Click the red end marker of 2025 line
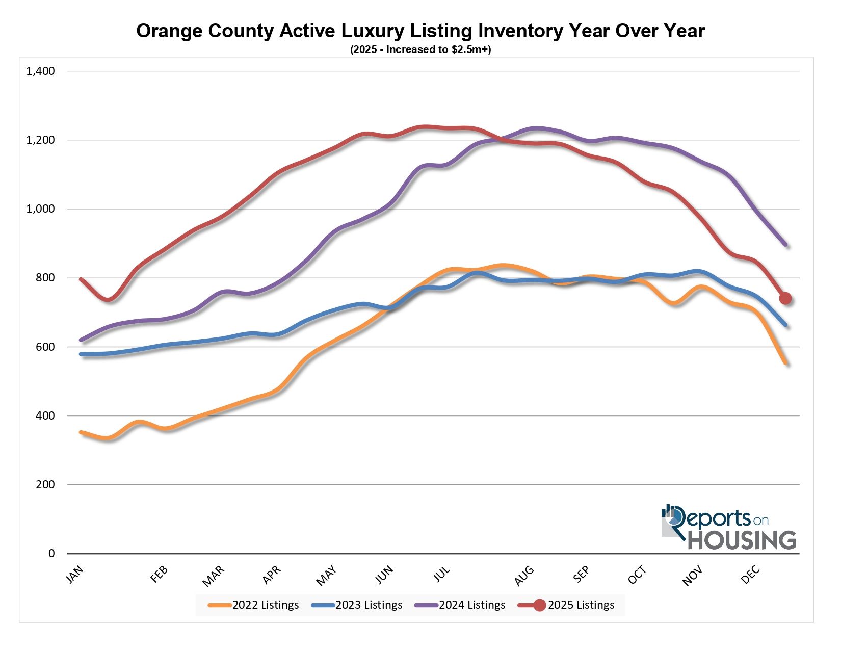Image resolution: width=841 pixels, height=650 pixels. click(785, 298)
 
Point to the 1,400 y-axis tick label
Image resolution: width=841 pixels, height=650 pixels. click(40, 71)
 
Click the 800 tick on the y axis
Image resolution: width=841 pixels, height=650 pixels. click(46, 278)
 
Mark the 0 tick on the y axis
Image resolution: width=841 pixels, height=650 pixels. click(51, 553)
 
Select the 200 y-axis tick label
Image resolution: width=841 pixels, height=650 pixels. click(46, 484)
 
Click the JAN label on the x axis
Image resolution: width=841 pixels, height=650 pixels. click(74, 575)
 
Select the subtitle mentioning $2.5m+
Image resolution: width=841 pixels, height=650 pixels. click(420, 50)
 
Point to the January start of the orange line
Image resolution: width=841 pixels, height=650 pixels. click(81, 432)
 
